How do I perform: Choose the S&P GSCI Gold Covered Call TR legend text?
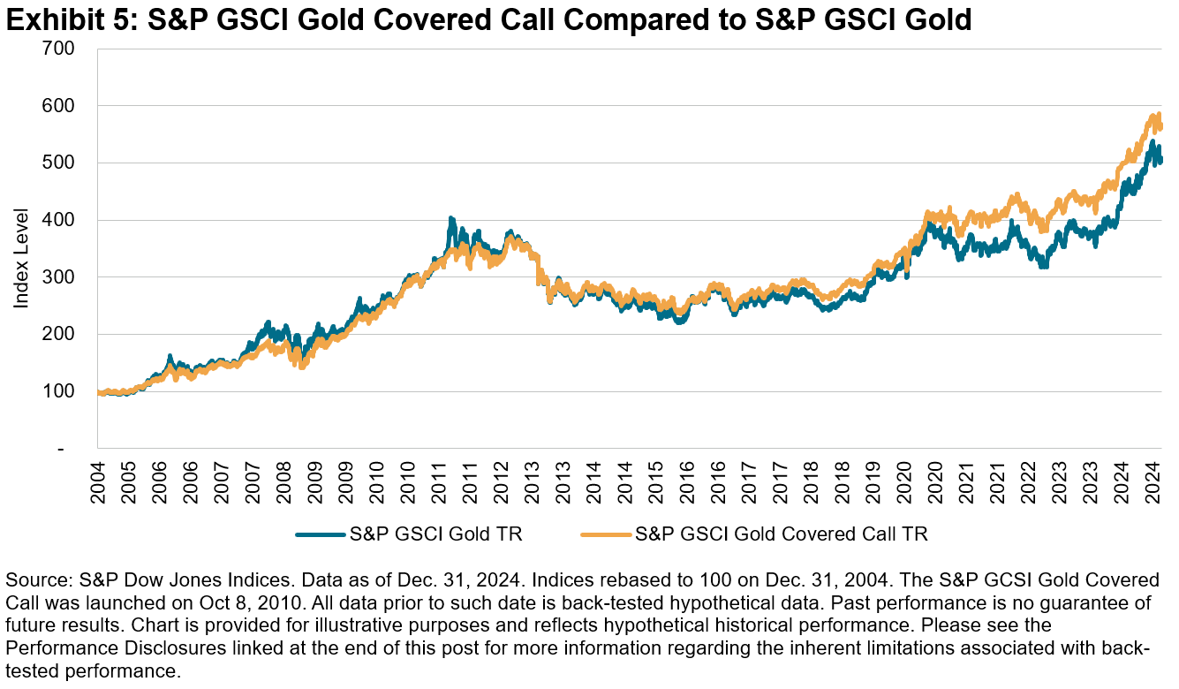(781, 534)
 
